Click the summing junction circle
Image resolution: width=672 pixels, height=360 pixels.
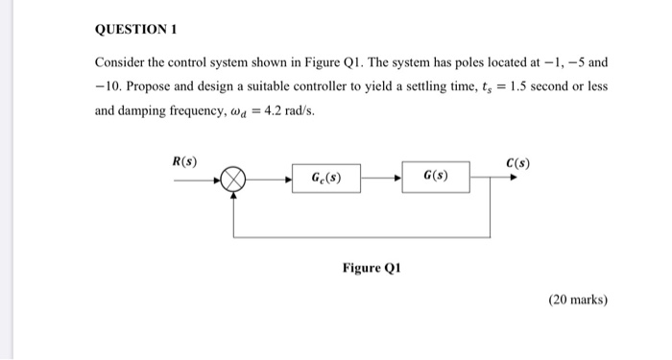(233, 179)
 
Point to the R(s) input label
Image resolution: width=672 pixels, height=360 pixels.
(184, 161)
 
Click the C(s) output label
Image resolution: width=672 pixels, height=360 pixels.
(517, 161)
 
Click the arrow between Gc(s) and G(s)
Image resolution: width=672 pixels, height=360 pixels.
(386, 179)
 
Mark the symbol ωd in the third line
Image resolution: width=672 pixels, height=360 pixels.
(234, 112)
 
